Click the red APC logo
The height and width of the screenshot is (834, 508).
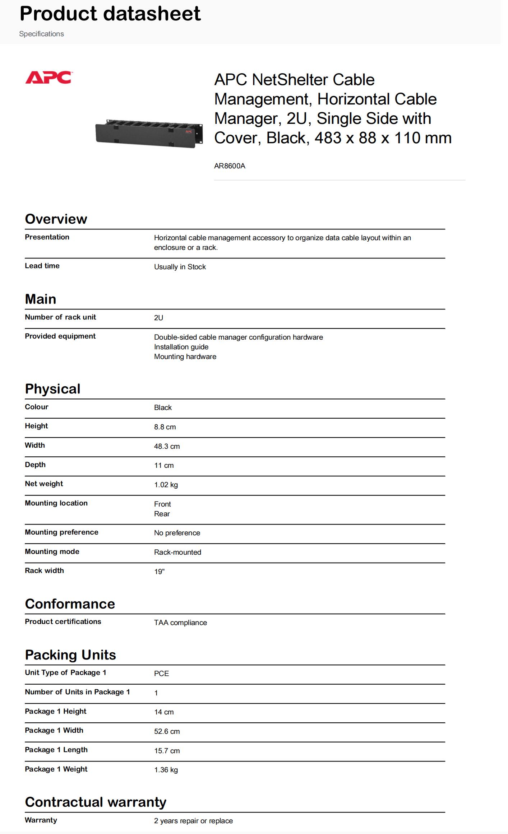pyautogui.click(x=48, y=78)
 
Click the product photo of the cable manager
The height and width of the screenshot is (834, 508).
pyautogui.click(x=149, y=133)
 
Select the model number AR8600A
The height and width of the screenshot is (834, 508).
pyautogui.click(x=230, y=166)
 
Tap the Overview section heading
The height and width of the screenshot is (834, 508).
pyautogui.click(x=56, y=219)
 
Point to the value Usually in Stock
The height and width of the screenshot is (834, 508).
pyautogui.click(x=180, y=267)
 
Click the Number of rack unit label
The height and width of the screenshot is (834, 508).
pyautogui.click(x=60, y=317)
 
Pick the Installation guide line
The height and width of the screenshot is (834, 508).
pyautogui.click(x=181, y=347)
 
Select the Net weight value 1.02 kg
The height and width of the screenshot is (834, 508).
pyautogui.click(x=166, y=485)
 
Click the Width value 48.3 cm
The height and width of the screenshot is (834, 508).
pyautogui.click(x=167, y=446)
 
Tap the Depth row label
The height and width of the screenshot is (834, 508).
pyautogui.click(x=35, y=465)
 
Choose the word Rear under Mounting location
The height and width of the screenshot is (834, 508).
pyautogui.click(x=162, y=514)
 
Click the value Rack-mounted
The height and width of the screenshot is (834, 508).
pyautogui.click(x=177, y=552)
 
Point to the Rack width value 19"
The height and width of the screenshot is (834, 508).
pyautogui.click(x=159, y=572)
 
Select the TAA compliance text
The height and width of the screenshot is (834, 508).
pyautogui.click(x=180, y=623)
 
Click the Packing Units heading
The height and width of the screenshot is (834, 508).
pyautogui.click(x=70, y=655)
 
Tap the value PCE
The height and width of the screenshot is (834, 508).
pyautogui.click(x=161, y=674)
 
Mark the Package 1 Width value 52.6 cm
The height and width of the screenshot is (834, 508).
pyautogui.click(x=167, y=731)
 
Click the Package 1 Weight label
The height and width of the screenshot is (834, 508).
pyautogui.click(x=56, y=769)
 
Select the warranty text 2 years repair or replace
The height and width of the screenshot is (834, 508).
pyautogui.click(x=193, y=821)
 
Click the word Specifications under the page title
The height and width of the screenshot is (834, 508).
pyautogui.click(x=41, y=34)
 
